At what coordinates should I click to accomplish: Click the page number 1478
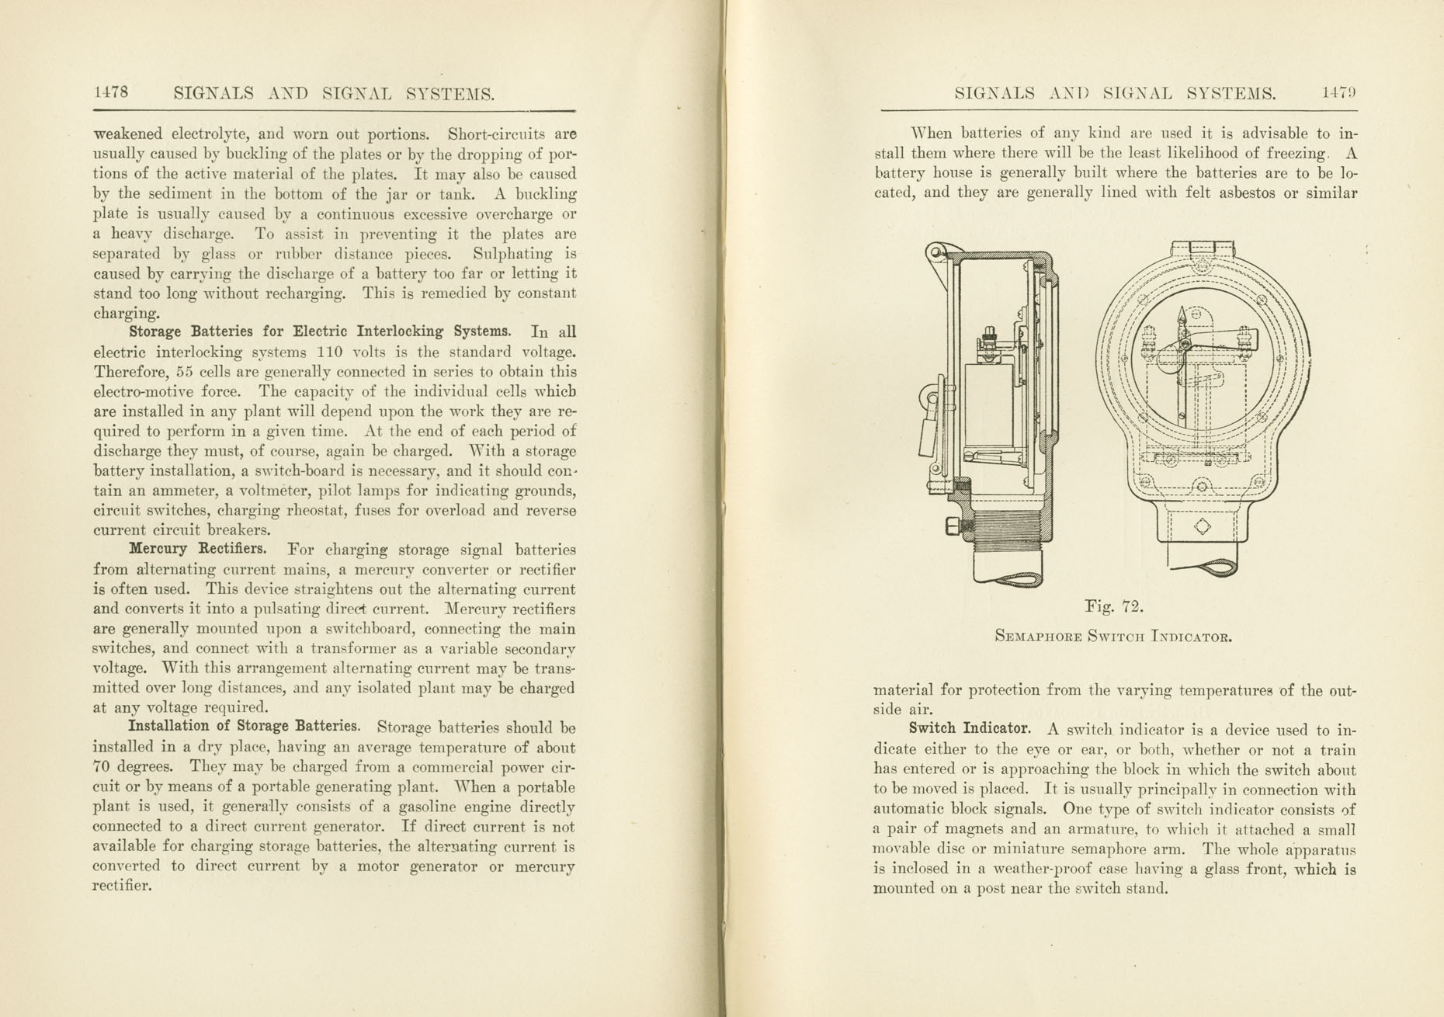pyautogui.click(x=110, y=92)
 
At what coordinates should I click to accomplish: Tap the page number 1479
pyautogui.click(x=1339, y=93)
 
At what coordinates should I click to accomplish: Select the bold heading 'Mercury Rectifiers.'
pyautogui.click(x=197, y=549)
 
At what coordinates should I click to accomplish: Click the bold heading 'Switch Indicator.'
pyautogui.click(x=970, y=729)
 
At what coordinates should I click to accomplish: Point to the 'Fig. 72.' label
pyautogui.click(x=1113, y=606)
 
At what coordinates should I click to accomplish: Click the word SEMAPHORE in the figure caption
pyautogui.click(x=1037, y=637)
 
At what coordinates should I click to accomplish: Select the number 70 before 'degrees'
pyautogui.click(x=103, y=768)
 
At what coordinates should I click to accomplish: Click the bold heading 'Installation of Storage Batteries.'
pyautogui.click(x=244, y=727)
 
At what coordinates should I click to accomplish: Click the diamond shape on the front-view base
pyautogui.click(x=1201, y=527)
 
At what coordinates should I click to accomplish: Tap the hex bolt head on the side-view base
pyautogui.click(x=953, y=527)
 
